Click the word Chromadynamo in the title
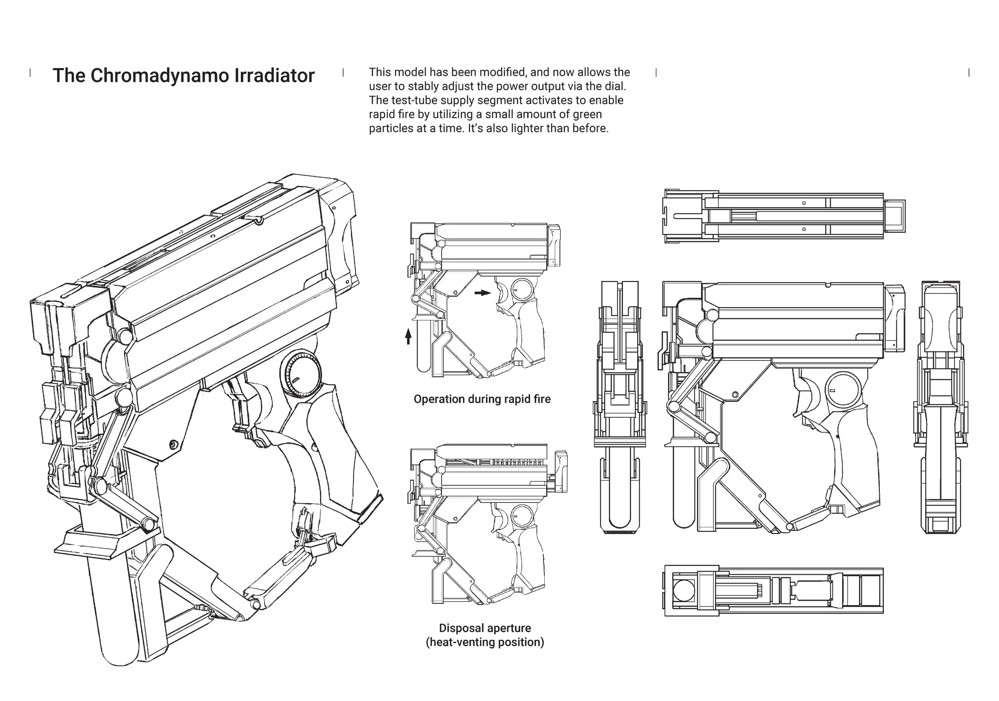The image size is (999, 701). pos(160,76)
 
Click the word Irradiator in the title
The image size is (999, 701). pos(275,76)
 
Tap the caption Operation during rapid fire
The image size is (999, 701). pos(482,399)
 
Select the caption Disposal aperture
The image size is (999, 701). pos(485,628)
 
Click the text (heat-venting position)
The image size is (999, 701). pos(485,642)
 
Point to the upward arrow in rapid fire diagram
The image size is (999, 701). pos(408,336)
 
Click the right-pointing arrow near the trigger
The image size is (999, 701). pos(482,293)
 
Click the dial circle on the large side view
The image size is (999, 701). pos(844,389)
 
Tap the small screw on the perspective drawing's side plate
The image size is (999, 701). pos(174,444)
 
